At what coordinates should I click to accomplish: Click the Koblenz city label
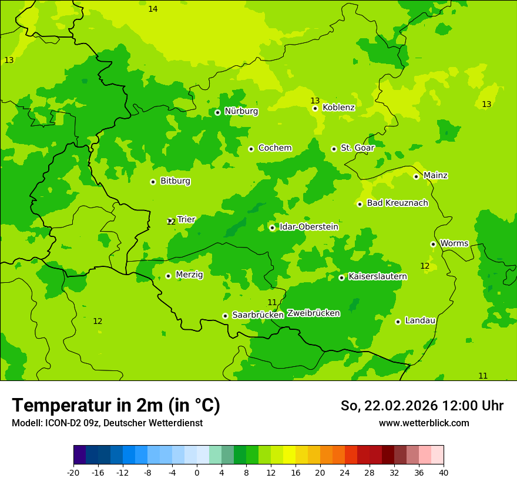(338, 108)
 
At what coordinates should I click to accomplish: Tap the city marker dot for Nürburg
(217, 112)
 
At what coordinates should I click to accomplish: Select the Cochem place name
(274, 148)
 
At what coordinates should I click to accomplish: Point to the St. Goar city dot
(334, 149)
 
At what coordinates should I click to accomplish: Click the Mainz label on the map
(435, 176)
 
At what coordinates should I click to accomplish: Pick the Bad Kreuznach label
(397, 203)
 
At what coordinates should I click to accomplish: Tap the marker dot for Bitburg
(153, 182)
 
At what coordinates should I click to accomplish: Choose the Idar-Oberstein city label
(308, 227)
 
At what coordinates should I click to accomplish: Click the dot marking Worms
(433, 244)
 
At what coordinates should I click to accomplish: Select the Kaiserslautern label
(378, 276)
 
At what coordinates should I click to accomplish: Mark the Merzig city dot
(168, 276)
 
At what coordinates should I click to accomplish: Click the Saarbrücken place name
(257, 315)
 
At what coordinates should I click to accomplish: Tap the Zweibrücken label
(313, 313)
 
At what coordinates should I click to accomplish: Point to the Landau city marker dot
(398, 322)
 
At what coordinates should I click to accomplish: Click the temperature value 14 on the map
(153, 9)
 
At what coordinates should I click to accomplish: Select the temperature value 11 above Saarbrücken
(272, 302)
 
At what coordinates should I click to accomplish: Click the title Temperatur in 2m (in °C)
(116, 405)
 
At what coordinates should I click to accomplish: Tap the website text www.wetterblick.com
(424, 423)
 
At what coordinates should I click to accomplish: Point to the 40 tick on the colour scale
(444, 472)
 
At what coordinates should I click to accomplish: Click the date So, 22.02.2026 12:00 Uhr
(422, 406)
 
